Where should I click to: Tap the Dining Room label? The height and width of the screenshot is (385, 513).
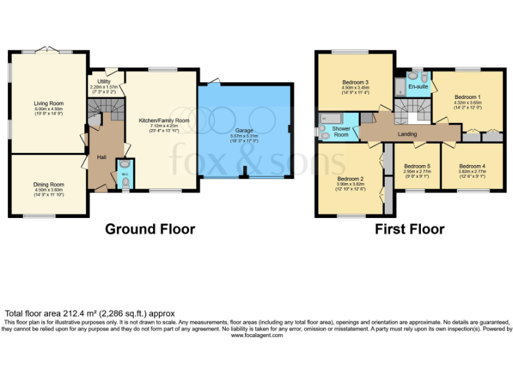point(49,184)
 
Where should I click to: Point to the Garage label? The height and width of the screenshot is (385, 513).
point(244,130)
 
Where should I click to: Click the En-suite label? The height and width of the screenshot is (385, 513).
point(418,87)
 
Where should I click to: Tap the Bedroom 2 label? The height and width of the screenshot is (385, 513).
point(351,179)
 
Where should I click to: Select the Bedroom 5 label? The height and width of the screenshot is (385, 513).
point(417,166)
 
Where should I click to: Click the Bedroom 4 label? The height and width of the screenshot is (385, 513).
point(472,166)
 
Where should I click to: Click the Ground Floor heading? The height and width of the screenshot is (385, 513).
point(150,229)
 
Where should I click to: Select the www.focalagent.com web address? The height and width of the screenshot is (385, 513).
point(256,335)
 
